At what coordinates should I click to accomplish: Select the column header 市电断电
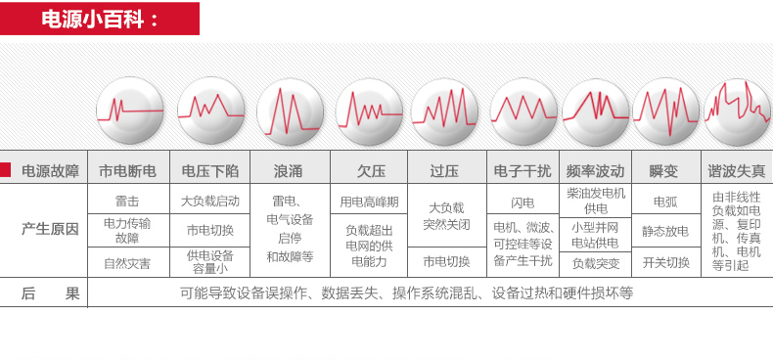(x=127, y=170)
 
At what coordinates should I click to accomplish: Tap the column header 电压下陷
(x=209, y=170)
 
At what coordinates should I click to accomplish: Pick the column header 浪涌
(x=289, y=170)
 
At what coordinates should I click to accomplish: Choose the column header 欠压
(x=369, y=170)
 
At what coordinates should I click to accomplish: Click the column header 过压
(x=444, y=170)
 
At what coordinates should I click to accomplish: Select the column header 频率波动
(x=595, y=170)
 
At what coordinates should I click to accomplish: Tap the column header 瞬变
(x=663, y=170)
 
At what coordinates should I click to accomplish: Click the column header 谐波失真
(x=736, y=170)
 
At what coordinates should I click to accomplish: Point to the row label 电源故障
(x=50, y=170)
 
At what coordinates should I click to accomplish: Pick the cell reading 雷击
(x=127, y=201)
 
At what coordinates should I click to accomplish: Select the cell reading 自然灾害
(x=127, y=262)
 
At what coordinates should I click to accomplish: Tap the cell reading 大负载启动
(x=209, y=201)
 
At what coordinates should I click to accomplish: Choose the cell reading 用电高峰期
(x=369, y=201)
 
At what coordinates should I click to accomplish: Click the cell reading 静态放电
(x=665, y=231)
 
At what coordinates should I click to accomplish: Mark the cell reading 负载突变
(x=596, y=262)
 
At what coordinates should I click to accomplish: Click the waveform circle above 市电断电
(x=128, y=106)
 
